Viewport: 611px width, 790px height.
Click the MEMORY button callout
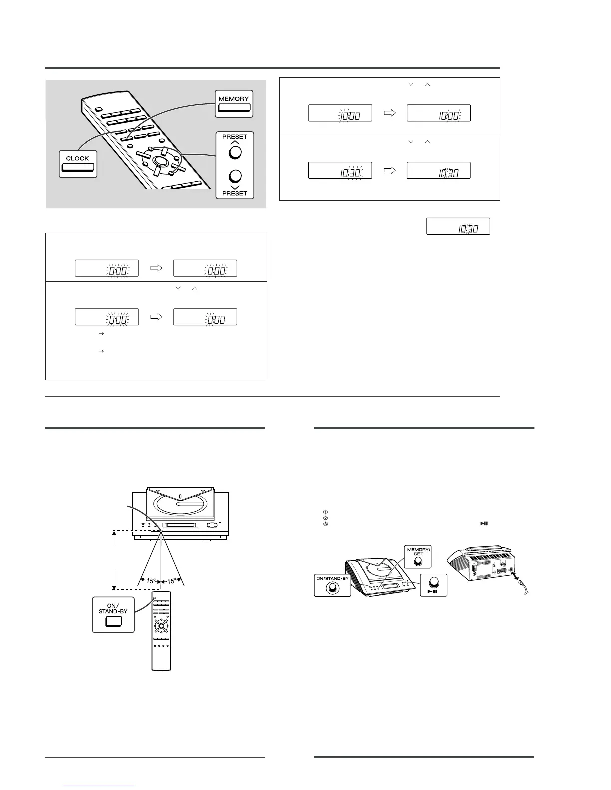234,104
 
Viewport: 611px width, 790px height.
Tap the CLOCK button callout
78,164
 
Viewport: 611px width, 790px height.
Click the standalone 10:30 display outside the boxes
458,226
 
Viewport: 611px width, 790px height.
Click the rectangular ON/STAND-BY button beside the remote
114,621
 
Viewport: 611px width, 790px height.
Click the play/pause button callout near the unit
433,584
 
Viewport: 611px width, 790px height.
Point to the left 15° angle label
151,581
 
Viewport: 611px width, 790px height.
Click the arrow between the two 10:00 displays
390,113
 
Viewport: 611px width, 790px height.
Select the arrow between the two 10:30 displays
390,170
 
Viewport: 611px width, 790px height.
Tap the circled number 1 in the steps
325,511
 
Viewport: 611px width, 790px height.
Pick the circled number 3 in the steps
325,524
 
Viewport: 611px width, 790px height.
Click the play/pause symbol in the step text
483,524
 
